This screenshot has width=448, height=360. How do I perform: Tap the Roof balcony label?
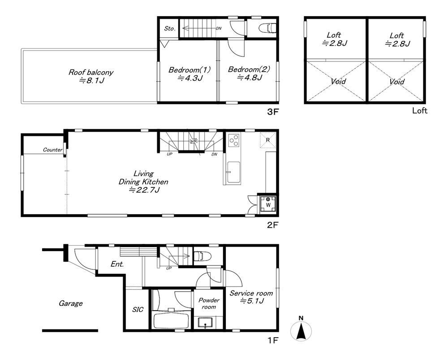click(91, 76)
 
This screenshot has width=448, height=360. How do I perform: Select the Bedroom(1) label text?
click(190, 74)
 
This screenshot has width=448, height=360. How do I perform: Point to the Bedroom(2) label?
click(249, 74)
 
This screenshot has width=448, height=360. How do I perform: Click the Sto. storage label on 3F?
click(169, 29)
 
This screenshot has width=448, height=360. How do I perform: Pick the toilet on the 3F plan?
click(268, 28)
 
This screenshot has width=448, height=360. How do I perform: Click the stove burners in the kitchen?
click(234, 140)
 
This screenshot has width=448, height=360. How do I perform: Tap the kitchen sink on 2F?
click(233, 173)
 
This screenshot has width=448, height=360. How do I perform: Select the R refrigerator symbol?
click(268, 140)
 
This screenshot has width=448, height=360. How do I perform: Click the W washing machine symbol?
click(268, 204)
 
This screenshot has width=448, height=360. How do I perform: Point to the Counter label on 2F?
click(52, 150)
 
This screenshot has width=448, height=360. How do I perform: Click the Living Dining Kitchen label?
click(143, 182)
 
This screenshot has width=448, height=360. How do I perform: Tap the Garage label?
click(71, 303)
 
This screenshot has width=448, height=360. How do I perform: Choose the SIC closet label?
click(138, 309)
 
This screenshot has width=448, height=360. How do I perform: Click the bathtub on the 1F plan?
click(171, 321)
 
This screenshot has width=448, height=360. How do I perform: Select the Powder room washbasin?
click(205, 322)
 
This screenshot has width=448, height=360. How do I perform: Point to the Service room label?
click(251, 297)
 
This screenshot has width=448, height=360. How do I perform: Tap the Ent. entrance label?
click(117, 264)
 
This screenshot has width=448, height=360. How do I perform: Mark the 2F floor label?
click(272, 225)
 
